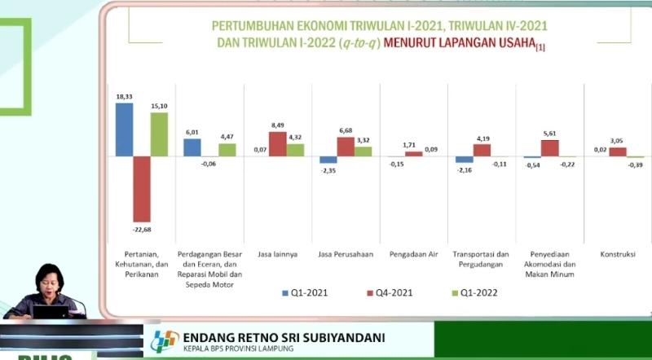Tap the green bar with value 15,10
(160, 134)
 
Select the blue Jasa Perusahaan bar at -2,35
(328, 160)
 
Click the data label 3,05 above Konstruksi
(618, 140)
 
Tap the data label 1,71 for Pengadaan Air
(414, 145)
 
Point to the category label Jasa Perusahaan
(346, 254)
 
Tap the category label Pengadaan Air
(413, 254)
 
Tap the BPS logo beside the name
(164, 341)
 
